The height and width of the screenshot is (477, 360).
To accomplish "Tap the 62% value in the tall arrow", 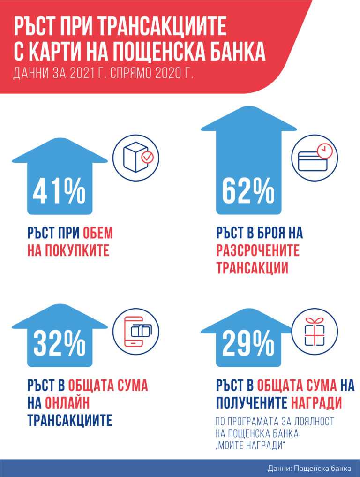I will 248,191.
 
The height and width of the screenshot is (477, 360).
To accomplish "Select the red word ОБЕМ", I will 98,233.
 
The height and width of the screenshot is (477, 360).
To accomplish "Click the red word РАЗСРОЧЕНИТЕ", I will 258,250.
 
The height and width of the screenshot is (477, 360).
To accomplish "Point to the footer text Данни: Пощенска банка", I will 309,468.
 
